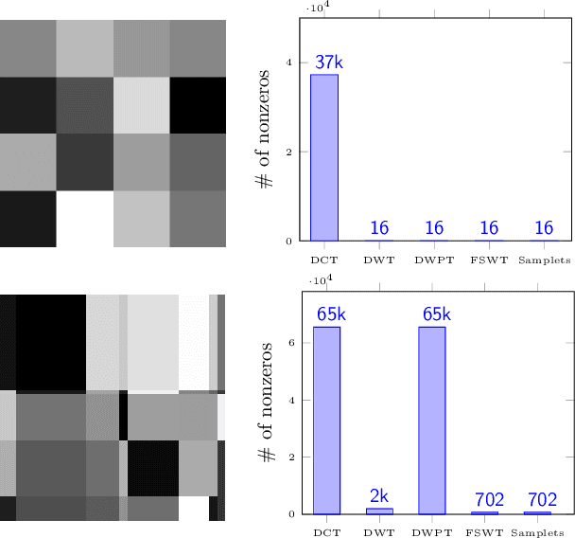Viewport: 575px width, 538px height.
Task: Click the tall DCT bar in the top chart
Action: tap(324, 157)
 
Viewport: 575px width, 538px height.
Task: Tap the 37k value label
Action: tap(329, 62)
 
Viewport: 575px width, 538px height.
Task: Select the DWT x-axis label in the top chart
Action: tap(378, 260)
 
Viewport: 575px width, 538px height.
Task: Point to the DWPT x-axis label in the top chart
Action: tap(434, 260)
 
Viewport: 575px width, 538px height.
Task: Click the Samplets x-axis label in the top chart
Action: tap(544, 260)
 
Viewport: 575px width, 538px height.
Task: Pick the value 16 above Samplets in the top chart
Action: tap(544, 228)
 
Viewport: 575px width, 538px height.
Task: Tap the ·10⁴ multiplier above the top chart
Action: tap(318, 8)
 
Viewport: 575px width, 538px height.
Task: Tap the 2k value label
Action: tap(379, 495)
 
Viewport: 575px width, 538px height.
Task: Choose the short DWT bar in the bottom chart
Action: tap(379, 511)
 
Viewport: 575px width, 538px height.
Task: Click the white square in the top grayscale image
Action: tap(84, 219)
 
